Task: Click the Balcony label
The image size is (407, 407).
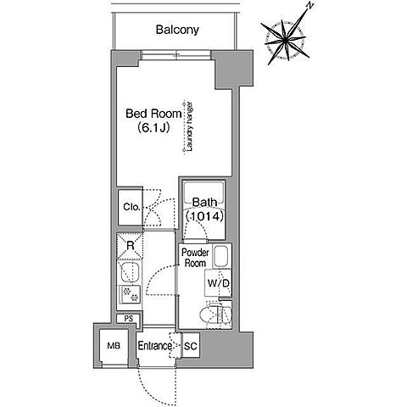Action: [177, 30]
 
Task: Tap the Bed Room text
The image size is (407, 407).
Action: [153, 114]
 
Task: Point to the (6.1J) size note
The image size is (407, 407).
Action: [153, 128]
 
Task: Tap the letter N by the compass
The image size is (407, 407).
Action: [310, 6]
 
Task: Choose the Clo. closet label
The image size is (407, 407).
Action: [131, 207]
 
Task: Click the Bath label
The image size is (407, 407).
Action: [204, 203]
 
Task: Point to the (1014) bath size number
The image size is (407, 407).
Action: [205, 216]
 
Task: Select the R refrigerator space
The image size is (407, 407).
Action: [131, 245]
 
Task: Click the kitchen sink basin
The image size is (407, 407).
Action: [130, 272]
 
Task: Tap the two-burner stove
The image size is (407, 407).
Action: [130, 294]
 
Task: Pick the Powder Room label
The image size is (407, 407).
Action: [195, 258]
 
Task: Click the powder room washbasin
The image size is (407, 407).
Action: [221, 257]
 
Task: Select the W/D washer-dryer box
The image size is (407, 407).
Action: [218, 282]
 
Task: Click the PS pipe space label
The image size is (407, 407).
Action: [129, 319]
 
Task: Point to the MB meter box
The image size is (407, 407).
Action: [114, 346]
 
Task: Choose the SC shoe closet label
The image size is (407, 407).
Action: [190, 346]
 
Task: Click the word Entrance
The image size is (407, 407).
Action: [154, 346]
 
